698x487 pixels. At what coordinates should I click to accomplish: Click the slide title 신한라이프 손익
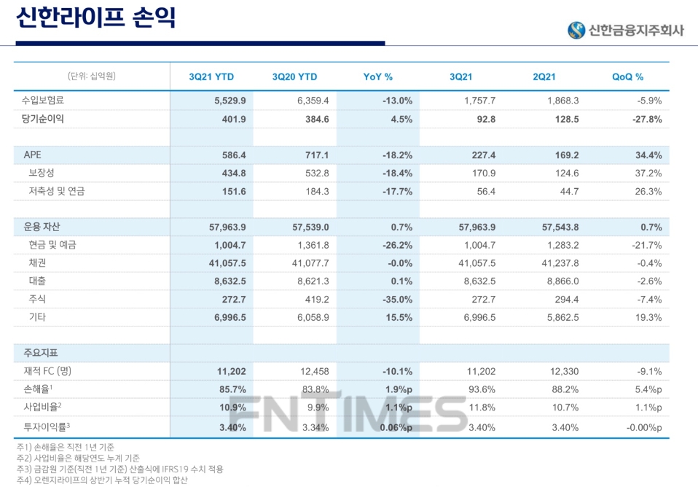(95, 17)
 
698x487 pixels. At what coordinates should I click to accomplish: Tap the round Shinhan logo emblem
(577, 30)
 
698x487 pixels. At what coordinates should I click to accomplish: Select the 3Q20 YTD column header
(294, 77)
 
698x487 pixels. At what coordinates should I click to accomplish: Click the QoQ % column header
(627, 77)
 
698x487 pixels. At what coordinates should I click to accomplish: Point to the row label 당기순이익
(43, 119)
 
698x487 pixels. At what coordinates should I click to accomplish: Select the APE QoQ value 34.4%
(648, 155)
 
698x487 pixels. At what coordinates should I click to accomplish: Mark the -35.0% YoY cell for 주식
(397, 299)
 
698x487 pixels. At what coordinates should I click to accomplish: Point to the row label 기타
(37, 317)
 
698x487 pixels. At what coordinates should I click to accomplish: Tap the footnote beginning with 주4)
(102, 480)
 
